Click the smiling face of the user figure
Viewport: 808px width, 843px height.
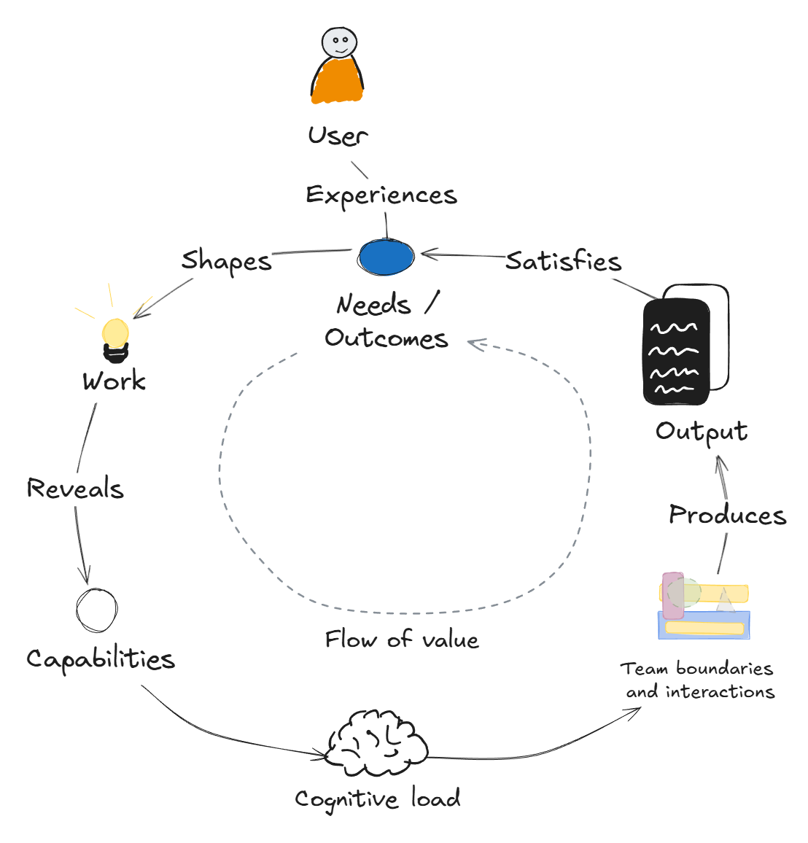coord(339,43)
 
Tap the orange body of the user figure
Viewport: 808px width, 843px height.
coord(337,82)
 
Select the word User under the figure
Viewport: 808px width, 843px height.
coord(337,136)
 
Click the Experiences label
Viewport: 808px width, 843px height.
coord(381,195)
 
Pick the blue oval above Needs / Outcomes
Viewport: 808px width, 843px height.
coord(386,257)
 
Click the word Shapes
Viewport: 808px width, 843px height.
coord(226,261)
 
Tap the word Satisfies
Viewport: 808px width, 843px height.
coord(563,261)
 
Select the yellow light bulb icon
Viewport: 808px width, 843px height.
coord(115,336)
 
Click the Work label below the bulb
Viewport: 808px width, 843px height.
coord(114,381)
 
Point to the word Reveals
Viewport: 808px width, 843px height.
coord(75,489)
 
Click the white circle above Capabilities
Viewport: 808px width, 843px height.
coord(97,610)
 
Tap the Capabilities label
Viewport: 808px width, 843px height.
coord(101,659)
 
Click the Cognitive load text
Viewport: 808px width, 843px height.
coord(378,799)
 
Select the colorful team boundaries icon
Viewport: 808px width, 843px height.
coord(705,607)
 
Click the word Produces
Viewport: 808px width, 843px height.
coord(727,516)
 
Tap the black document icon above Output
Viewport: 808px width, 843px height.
coord(677,351)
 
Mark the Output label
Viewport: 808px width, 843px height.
coord(702,431)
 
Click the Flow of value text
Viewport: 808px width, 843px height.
coord(402,640)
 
